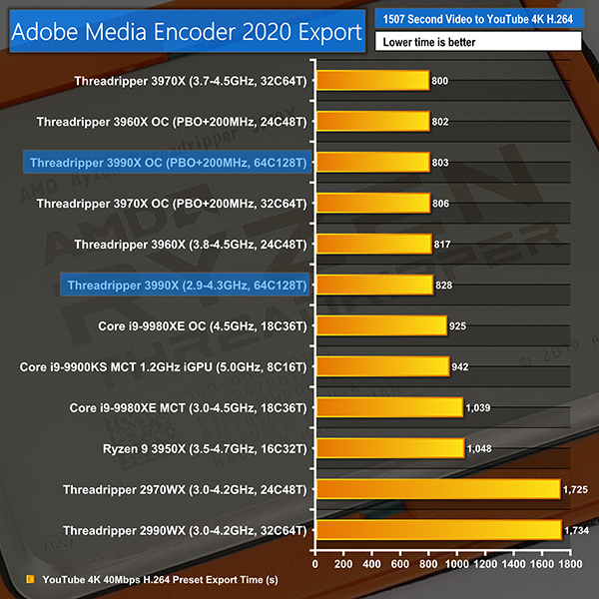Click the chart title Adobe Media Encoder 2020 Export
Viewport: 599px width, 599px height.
click(x=186, y=32)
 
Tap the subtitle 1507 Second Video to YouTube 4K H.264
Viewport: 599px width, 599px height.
click(x=478, y=20)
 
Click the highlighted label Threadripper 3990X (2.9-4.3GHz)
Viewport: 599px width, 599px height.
click(x=187, y=286)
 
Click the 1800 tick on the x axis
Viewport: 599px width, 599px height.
click(x=571, y=564)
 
